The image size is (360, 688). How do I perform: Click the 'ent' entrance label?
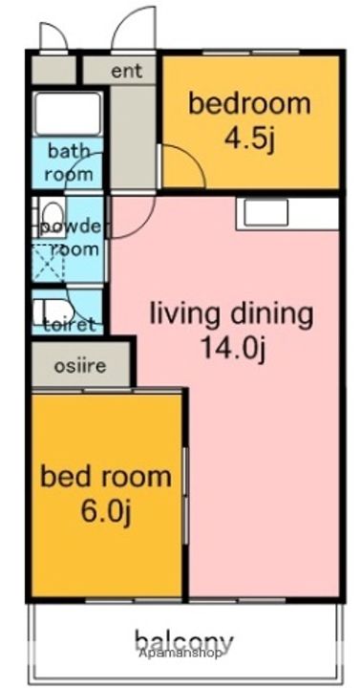click(127, 71)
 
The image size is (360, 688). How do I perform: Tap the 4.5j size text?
click(249, 139)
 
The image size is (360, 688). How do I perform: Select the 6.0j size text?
click(106, 512)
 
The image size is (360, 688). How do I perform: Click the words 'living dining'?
click(231, 313)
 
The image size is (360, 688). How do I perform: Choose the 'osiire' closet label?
click(80, 365)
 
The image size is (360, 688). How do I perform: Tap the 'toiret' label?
click(70, 325)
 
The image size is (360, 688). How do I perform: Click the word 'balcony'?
click(183, 641)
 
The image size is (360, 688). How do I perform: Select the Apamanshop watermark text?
click(180, 653)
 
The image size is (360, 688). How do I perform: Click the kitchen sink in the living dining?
click(265, 213)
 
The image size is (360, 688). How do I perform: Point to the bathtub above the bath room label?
click(67, 114)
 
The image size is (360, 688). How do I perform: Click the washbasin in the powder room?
click(52, 215)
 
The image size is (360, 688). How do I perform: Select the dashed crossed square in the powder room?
click(49, 262)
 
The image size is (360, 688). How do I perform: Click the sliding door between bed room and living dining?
click(186, 496)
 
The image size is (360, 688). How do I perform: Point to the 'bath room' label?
click(69, 161)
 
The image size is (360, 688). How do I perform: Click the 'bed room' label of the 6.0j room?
click(106, 477)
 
